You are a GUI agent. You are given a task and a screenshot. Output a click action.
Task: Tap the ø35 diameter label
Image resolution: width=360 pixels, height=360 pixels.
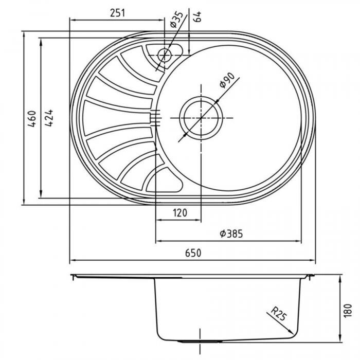point(176,19)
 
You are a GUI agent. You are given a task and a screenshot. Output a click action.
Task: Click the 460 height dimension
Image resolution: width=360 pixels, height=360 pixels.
point(31,119)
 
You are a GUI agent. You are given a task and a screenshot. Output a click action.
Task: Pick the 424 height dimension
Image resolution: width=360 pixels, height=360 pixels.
point(49,119)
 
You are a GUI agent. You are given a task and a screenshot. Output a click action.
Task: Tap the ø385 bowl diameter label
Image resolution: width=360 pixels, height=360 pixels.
point(230,234)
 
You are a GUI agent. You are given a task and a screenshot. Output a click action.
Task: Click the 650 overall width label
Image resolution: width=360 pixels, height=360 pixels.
point(192,253)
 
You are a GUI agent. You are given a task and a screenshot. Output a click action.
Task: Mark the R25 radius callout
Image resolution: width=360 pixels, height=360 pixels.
point(278,313)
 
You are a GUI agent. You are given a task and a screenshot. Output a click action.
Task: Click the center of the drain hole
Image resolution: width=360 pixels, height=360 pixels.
point(201,118)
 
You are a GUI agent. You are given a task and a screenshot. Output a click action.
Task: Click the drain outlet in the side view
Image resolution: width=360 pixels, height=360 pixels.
point(201,341)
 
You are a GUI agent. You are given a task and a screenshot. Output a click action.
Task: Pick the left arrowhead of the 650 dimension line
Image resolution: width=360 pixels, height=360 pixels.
point(71,260)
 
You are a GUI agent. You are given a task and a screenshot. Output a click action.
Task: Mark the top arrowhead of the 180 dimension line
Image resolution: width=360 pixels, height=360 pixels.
point(340,277)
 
